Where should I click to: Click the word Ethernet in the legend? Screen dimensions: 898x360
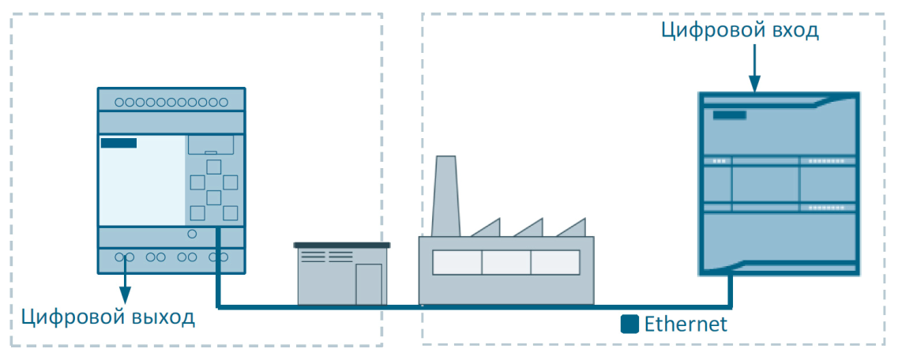click(685, 324)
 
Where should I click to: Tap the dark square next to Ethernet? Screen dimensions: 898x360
click(629, 324)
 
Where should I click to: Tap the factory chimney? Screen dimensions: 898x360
click(445, 194)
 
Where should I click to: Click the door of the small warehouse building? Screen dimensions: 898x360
click(368, 283)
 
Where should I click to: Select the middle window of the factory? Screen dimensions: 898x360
click(505, 262)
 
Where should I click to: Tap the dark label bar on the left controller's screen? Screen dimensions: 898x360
click(118, 143)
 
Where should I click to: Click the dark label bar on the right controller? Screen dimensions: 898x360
click(729, 115)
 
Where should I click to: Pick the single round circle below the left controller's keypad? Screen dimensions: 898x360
click(192, 234)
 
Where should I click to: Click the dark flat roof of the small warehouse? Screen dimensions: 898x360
click(342, 246)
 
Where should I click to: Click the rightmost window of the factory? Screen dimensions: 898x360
click(554, 262)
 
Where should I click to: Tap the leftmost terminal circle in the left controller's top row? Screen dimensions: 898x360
click(119, 102)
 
